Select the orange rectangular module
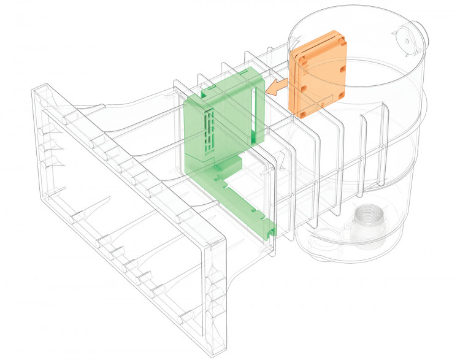coord(319,74)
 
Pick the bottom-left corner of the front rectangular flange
coord(45,202)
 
